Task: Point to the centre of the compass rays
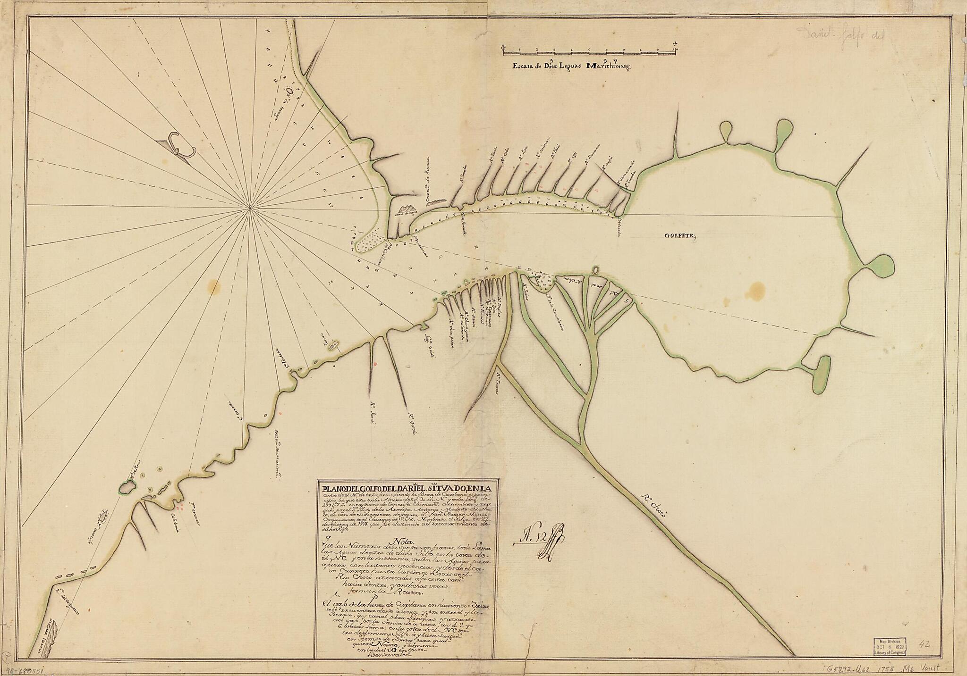pos(250,208)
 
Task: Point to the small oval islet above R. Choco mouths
pos(595,270)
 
